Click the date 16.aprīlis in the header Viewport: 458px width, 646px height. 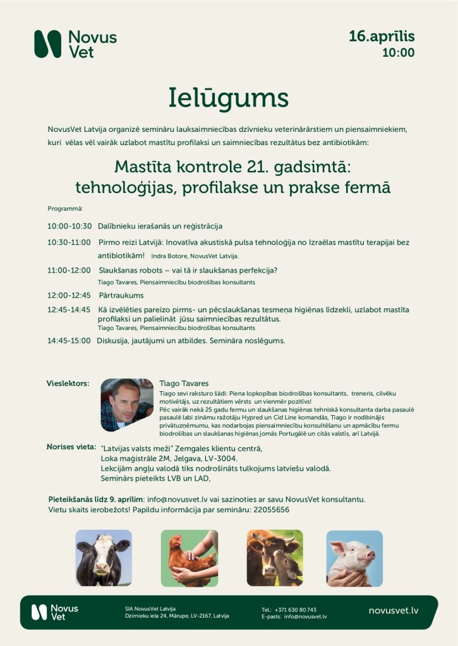click(x=382, y=37)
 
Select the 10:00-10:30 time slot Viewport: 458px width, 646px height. click(x=69, y=226)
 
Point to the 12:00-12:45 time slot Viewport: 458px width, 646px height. click(x=69, y=295)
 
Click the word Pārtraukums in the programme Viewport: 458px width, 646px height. click(x=121, y=295)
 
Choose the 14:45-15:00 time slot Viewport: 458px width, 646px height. click(x=69, y=341)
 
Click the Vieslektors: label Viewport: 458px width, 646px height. click(x=68, y=383)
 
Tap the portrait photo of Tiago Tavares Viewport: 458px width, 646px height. click(x=127, y=404)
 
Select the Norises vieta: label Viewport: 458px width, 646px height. click(x=71, y=447)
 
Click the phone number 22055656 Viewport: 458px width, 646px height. click(x=268, y=510)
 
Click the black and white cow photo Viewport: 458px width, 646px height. click(x=104, y=558)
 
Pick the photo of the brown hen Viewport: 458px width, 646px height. click(x=189, y=558)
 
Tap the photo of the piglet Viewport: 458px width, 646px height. click(x=354, y=558)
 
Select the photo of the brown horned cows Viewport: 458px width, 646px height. click(x=274, y=558)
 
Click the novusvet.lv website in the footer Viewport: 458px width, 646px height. click(x=394, y=611)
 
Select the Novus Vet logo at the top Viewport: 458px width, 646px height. click(x=75, y=44)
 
